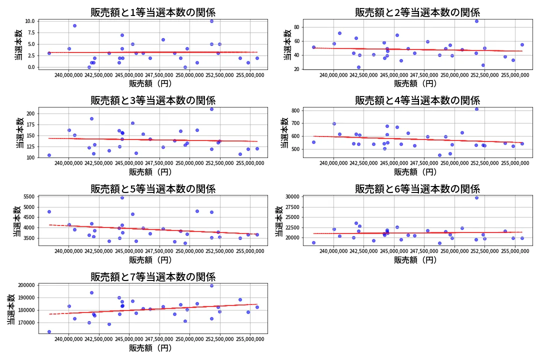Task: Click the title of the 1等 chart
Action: click(x=152, y=12)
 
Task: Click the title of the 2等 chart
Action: click(x=417, y=12)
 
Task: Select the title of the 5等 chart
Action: click(x=152, y=189)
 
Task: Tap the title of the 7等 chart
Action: click(x=152, y=277)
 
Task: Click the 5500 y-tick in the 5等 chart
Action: click(x=28, y=197)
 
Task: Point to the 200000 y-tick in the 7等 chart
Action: click(x=26, y=285)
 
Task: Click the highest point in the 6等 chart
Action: click(x=476, y=197)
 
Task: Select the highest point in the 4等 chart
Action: click(x=476, y=109)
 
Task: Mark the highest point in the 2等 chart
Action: click(x=476, y=21)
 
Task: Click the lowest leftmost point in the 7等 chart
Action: click(x=49, y=331)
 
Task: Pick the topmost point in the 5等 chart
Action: click(x=122, y=197)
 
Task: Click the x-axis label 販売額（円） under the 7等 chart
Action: click(x=150, y=348)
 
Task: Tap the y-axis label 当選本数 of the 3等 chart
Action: click(x=19, y=132)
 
